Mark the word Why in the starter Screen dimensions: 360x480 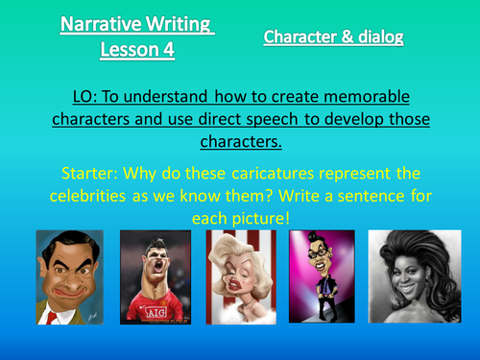[156, 175]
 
